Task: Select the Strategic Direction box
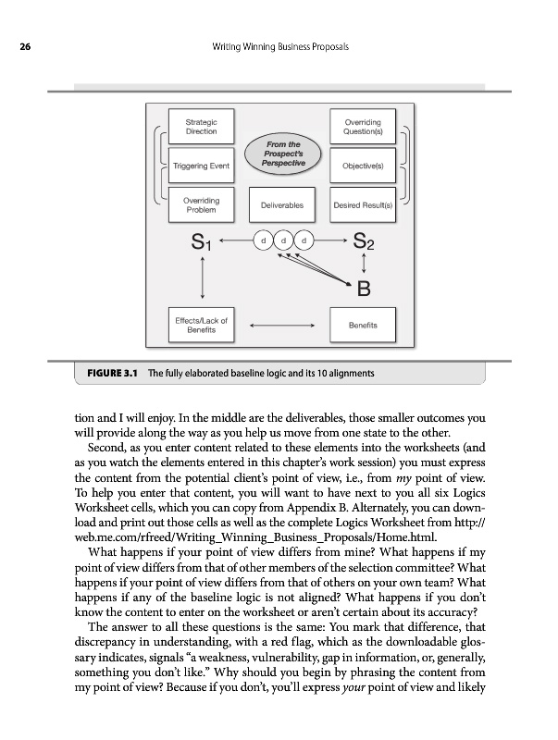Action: click(201, 127)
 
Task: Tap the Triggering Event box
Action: click(201, 166)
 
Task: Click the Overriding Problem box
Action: click(201, 204)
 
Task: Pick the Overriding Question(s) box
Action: click(362, 127)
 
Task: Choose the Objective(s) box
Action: click(362, 166)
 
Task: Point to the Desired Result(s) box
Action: click(362, 204)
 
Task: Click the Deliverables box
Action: click(281, 204)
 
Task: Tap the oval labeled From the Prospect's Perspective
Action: click(282, 154)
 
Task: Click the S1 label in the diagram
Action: click(201, 244)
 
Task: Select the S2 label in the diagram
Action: click(363, 244)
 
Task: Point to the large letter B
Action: click(364, 289)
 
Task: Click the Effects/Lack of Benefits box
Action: click(201, 325)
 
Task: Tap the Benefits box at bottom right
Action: click(362, 325)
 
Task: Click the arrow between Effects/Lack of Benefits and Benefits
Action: click(281, 325)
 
